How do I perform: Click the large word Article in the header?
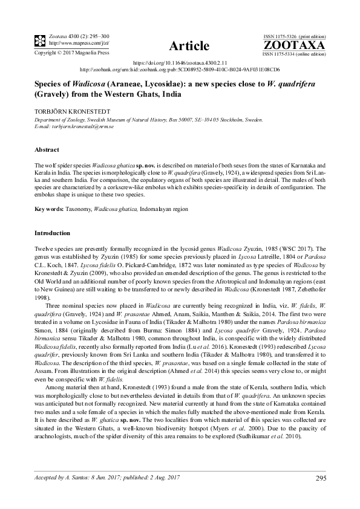coord(190,46)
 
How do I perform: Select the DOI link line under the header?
coord(180,63)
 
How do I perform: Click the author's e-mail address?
coord(82,127)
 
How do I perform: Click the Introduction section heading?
coord(53,233)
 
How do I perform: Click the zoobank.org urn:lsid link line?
coord(180,70)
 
